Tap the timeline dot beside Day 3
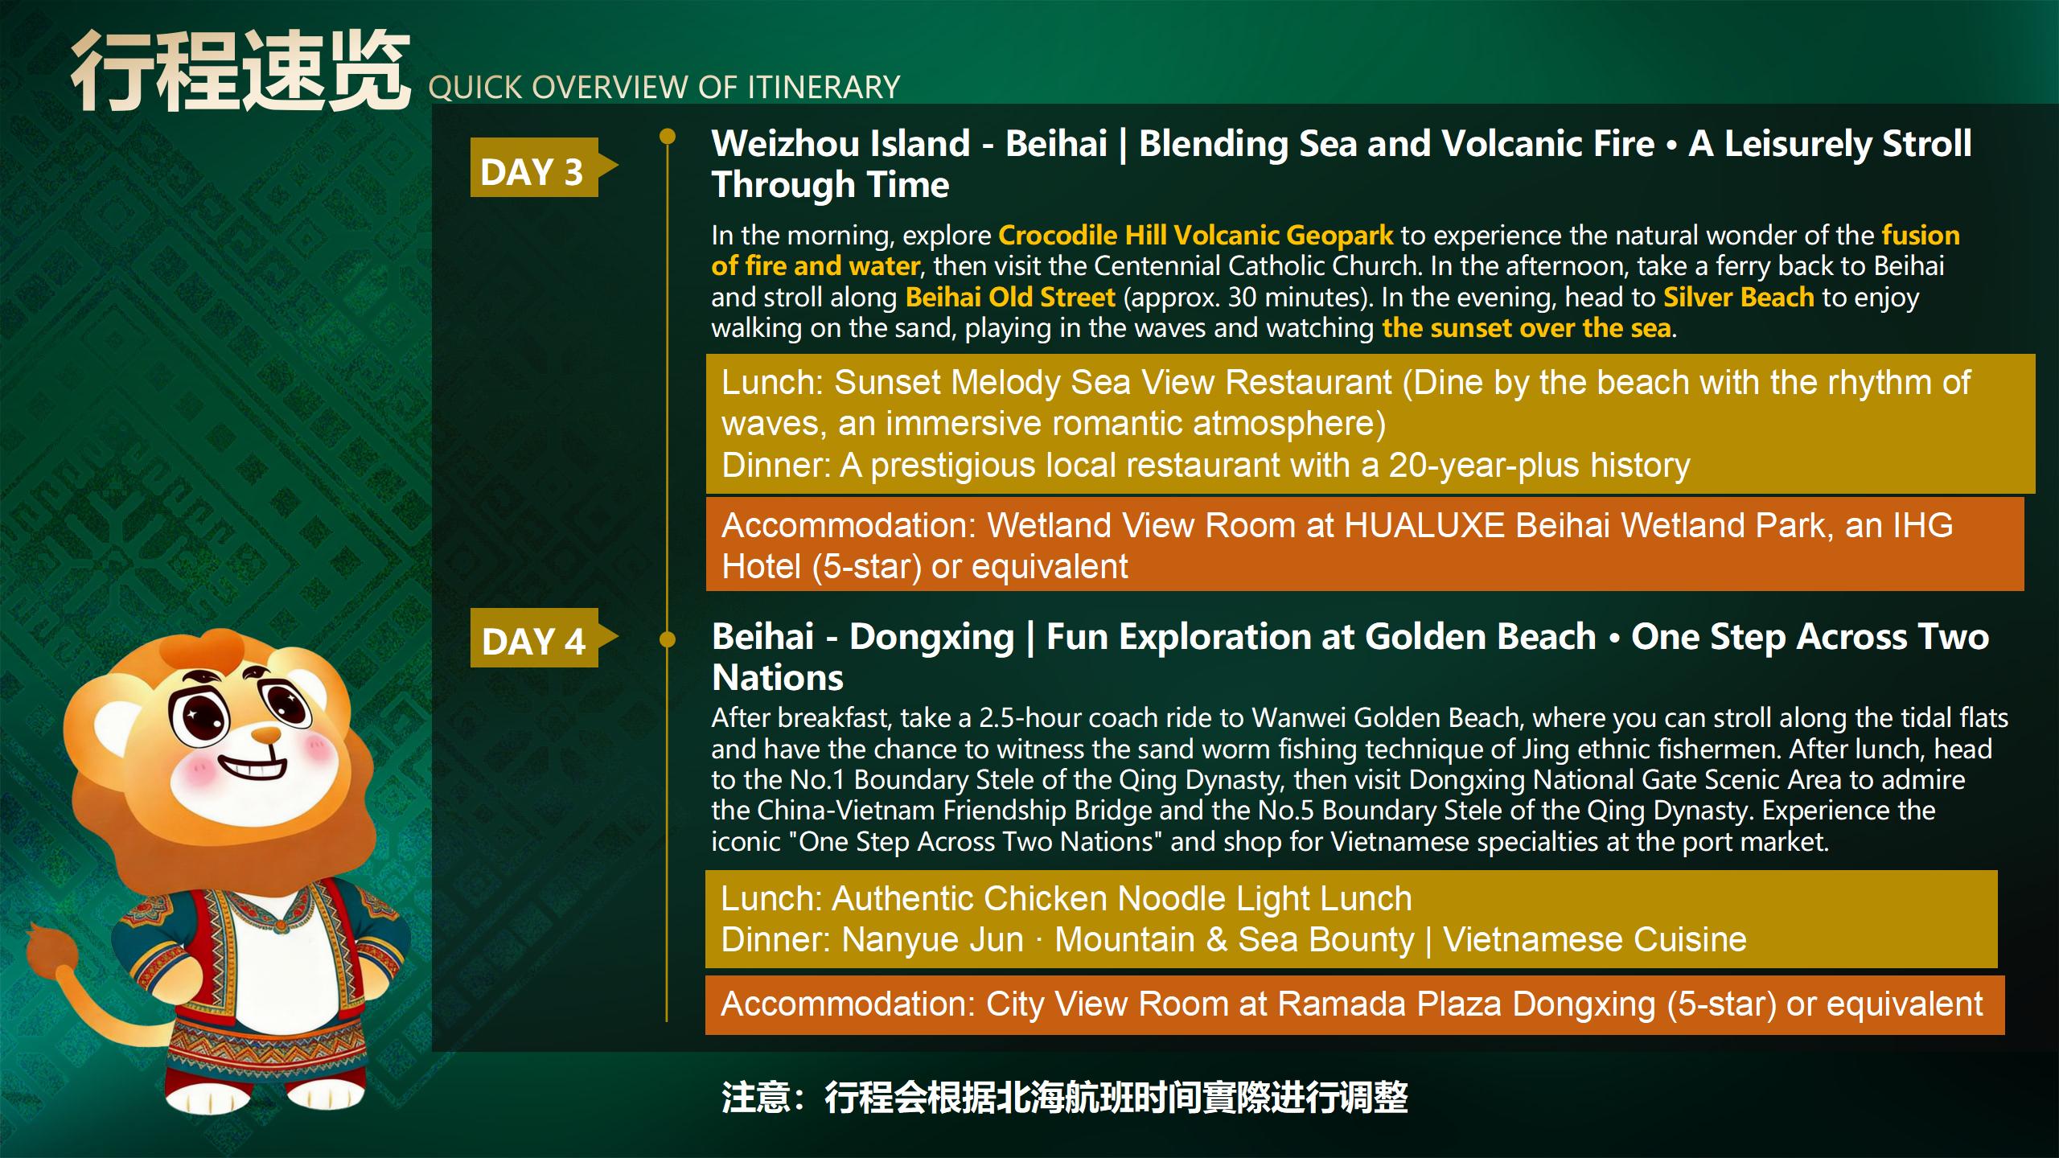pos(668,136)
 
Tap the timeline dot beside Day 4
pos(668,639)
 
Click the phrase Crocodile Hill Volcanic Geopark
pos(1195,235)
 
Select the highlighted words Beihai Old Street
pos(1010,297)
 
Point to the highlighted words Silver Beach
pos(1738,297)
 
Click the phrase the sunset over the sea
pos(1527,327)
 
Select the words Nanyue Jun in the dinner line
pos(932,939)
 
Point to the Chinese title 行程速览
pos(239,71)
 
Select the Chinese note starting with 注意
pos(1065,1098)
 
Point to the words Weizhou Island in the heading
pos(840,143)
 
